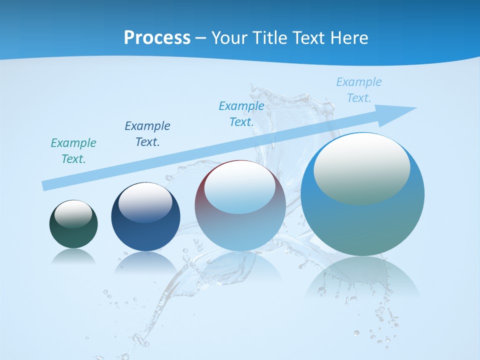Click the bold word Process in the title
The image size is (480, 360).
tap(157, 38)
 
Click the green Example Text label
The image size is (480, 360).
tap(73, 151)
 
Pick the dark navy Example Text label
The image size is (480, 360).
tap(147, 134)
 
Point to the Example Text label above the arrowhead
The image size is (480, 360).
tap(359, 90)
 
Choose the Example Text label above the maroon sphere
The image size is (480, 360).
tap(241, 114)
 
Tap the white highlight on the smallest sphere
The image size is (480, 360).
tap(73, 213)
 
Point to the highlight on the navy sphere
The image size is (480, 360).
tap(145, 202)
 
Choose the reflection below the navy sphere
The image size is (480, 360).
tap(145, 262)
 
